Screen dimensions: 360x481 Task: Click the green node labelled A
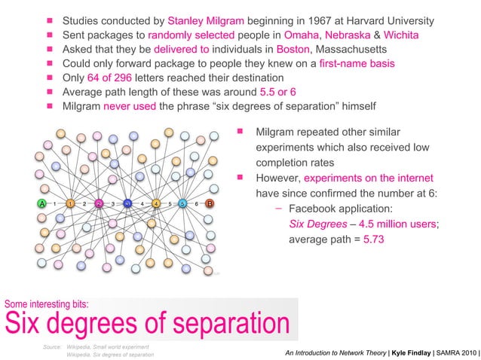coord(41,203)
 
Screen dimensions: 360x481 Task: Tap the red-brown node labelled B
coord(210,203)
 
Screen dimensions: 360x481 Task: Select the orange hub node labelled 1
coord(70,203)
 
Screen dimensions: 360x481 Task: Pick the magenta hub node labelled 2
coord(99,203)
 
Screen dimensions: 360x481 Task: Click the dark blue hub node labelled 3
coord(127,203)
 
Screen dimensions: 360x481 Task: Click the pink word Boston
coord(293,49)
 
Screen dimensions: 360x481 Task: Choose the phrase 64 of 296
coord(119,78)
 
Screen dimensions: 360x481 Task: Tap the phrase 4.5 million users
coord(394,224)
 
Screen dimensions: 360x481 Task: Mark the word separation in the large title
coord(222,324)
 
